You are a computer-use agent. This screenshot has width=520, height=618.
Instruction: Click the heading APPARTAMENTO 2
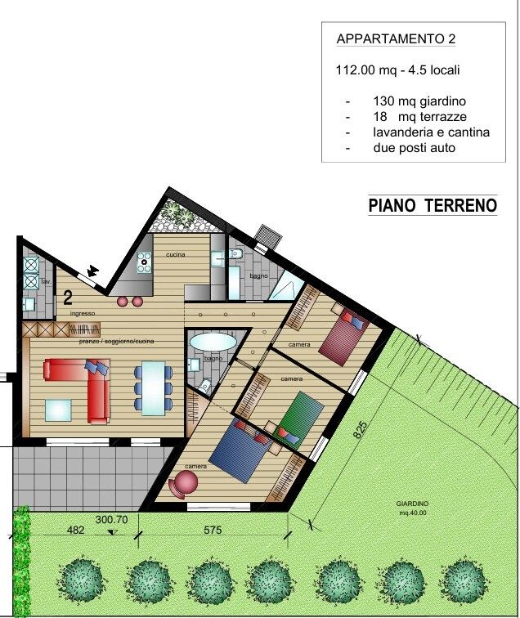pyautogui.click(x=396, y=39)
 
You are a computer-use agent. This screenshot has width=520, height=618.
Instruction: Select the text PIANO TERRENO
pyautogui.click(x=433, y=205)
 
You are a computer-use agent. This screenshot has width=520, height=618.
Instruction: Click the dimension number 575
pyautogui.click(x=213, y=531)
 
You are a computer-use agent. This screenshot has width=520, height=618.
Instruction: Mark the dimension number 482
pyautogui.click(x=76, y=531)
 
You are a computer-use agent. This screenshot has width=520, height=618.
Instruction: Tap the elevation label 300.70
pyautogui.click(x=111, y=519)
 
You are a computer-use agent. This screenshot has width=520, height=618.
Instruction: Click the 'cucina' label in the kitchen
pyautogui.click(x=176, y=254)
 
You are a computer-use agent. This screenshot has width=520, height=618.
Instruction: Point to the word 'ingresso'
pyautogui.click(x=83, y=313)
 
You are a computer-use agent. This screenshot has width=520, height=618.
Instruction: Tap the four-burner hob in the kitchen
pyautogui.click(x=144, y=262)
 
